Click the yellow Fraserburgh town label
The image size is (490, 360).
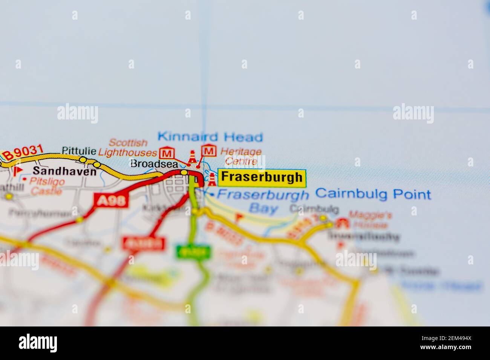click(262, 177)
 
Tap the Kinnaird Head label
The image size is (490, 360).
click(210, 137)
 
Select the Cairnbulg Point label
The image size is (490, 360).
click(373, 194)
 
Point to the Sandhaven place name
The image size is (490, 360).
click(64, 172)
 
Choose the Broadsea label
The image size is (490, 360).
click(154, 163)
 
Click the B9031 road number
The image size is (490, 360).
click(22, 153)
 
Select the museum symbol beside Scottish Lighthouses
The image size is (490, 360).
click(165, 153)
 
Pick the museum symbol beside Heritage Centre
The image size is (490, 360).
click(209, 151)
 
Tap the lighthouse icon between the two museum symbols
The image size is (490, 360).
click(193, 157)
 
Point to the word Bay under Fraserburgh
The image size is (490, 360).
click(263, 208)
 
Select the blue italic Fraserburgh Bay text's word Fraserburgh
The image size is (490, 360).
click(263, 195)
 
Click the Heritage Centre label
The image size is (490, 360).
click(241, 157)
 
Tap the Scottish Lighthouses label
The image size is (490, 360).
click(127, 148)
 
